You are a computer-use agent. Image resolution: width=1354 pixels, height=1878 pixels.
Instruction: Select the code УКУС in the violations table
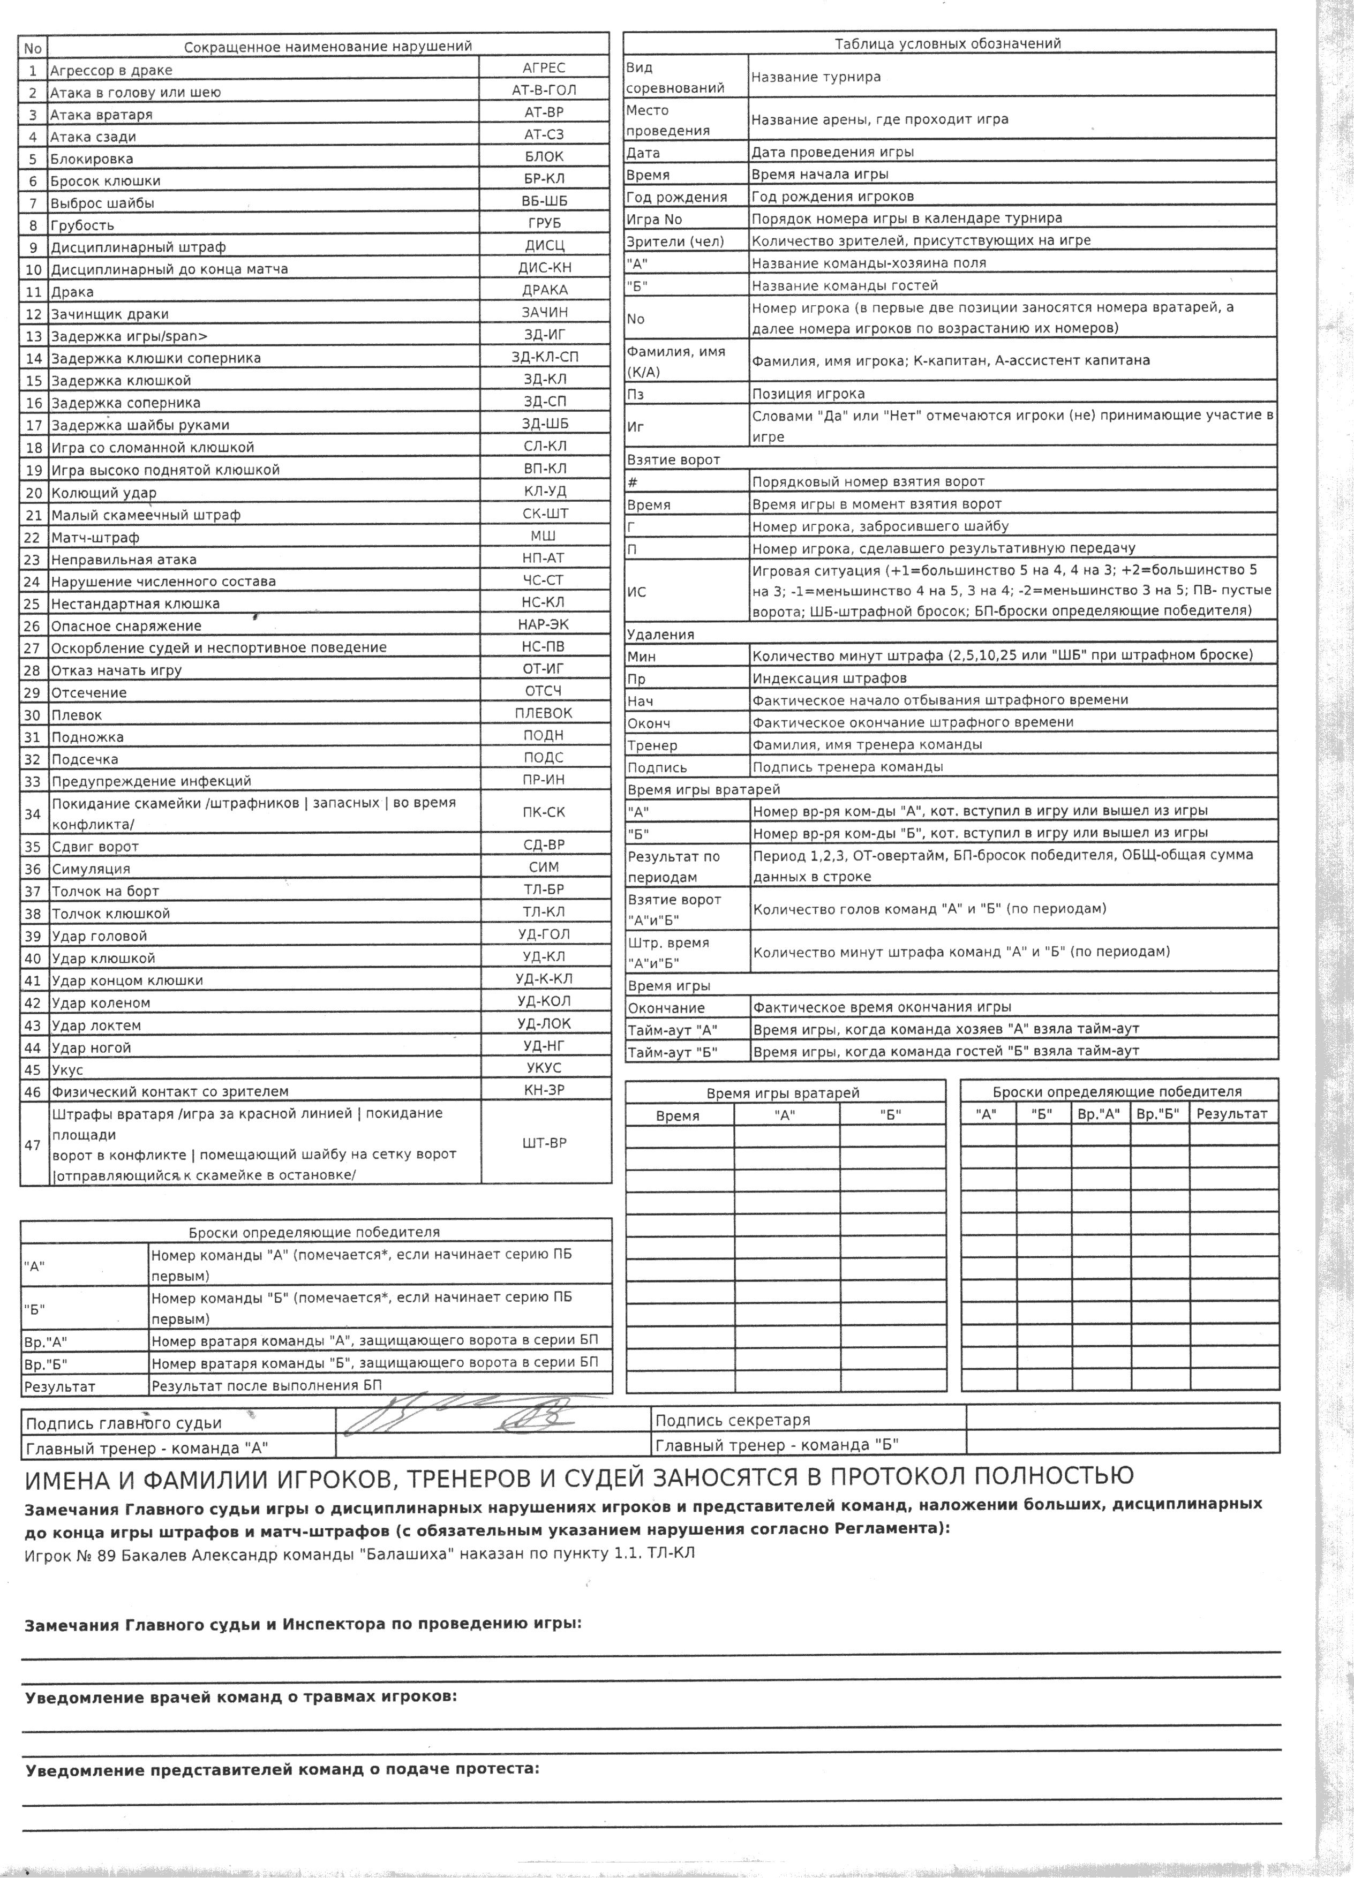point(544,1068)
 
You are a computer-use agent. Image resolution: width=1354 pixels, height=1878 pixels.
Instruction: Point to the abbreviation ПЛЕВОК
point(544,713)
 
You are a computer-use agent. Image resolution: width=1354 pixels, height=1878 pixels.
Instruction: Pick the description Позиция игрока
point(808,393)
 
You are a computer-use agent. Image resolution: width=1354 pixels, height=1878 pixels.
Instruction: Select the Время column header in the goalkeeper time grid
point(678,1116)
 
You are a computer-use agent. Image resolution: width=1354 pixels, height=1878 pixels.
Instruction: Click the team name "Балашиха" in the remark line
point(417,1553)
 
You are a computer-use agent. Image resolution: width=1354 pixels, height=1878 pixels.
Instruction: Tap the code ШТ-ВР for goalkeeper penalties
point(544,1143)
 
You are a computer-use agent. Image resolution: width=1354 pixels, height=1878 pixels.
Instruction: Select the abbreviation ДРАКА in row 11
point(544,290)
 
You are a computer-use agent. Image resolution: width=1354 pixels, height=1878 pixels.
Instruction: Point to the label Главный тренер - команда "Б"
point(777,1445)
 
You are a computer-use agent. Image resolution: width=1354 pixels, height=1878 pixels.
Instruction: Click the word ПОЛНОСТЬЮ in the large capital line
point(1043,1476)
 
